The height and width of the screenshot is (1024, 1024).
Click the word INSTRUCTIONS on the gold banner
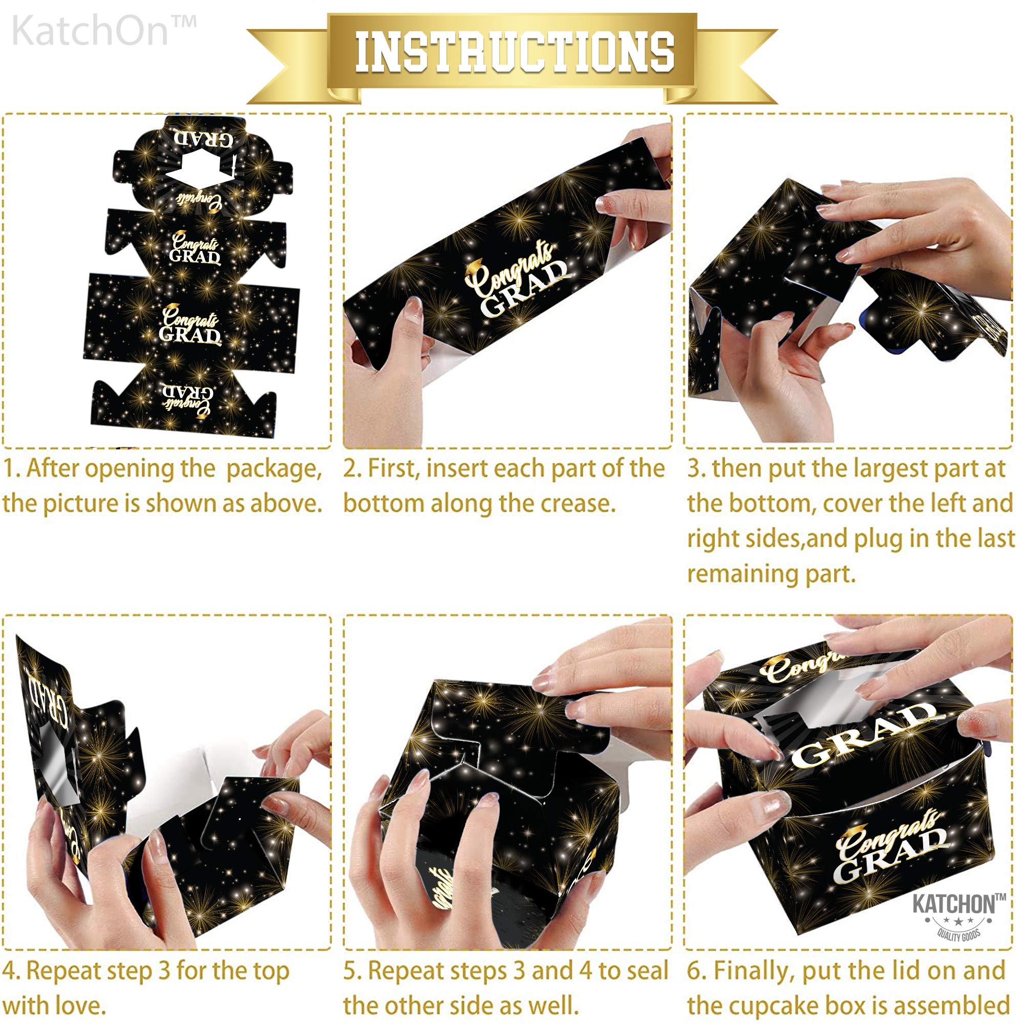pos(514,52)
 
